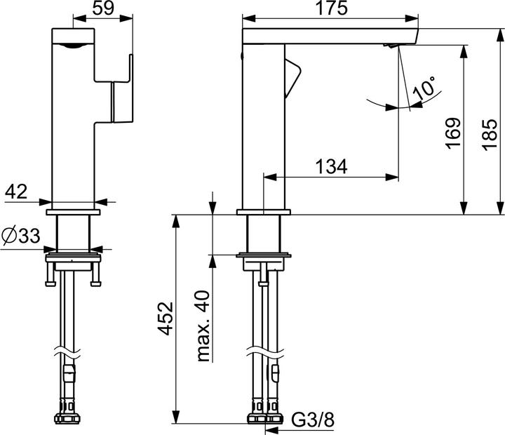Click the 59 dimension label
click(x=103, y=8)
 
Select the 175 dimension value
click(x=331, y=8)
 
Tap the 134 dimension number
click(x=331, y=166)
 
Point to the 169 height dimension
click(x=453, y=133)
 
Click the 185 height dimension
click(x=490, y=135)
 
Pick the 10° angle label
click(x=425, y=88)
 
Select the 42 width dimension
click(x=16, y=192)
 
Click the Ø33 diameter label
click(x=20, y=236)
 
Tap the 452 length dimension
click(x=166, y=319)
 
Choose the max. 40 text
click(x=203, y=326)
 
